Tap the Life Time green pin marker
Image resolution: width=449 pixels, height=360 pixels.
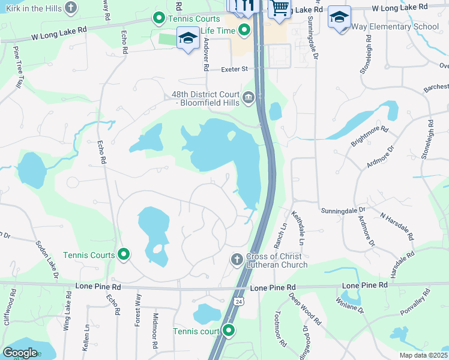244,30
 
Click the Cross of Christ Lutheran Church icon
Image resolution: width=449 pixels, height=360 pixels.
237,259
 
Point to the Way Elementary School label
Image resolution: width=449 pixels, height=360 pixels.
397,27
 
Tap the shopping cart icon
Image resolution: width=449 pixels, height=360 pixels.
279,8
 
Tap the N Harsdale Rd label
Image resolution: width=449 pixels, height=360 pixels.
397,225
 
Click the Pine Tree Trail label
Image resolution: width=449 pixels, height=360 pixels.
17,71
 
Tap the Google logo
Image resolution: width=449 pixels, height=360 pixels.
20,352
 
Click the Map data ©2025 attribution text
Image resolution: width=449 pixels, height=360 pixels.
423,355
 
